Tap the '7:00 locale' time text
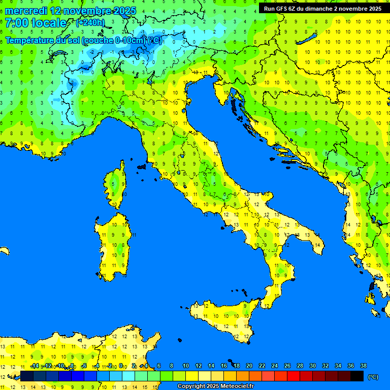click(x=36, y=23)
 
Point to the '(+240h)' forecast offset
click(x=90, y=22)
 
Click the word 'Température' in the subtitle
click(x=29, y=40)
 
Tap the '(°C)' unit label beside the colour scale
click(x=373, y=377)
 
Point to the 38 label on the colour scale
click(x=364, y=366)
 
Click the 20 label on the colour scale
click(x=249, y=366)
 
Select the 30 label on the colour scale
click(x=313, y=366)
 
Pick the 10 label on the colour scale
click(x=186, y=366)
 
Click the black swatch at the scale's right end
click(x=357, y=376)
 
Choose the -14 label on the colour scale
click(x=35, y=366)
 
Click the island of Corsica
click(x=116, y=185)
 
